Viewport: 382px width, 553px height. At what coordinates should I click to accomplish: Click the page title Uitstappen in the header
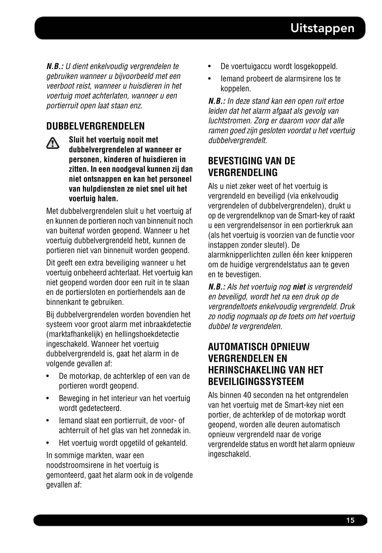pyautogui.click(x=322, y=28)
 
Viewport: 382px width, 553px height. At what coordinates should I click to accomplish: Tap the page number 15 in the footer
pyautogui.click(x=350, y=520)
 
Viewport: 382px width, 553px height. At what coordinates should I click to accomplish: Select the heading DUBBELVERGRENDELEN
pyautogui.click(x=95, y=126)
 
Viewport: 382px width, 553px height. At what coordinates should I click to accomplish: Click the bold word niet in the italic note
pyautogui.click(x=299, y=287)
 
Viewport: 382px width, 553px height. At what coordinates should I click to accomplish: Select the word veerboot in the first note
pyautogui.click(x=59, y=86)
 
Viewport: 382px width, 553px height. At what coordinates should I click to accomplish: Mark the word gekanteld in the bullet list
pyautogui.click(x=172, y=443)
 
